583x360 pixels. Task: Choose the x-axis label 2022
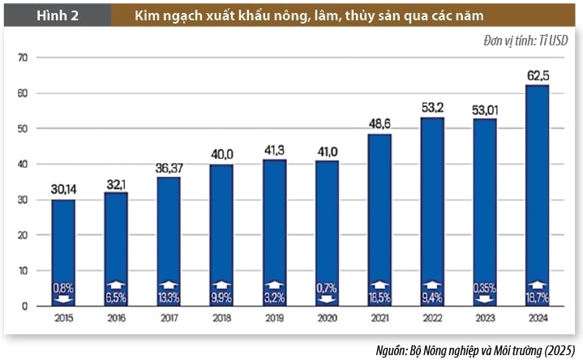tap(432, 318)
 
